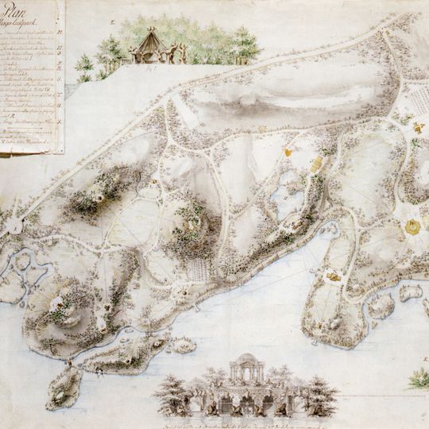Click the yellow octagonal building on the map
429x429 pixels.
pyautogui.click(x=412, y=226)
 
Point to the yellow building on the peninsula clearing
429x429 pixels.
pyautogui.click(x=334, y=276)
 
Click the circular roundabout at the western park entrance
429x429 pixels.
pyautogui.click(x=13, y=226)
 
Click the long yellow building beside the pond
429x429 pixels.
pyautogui.click(x=317, y=164)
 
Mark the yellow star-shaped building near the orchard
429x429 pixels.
pyautogui.click(x=416, y=126)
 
